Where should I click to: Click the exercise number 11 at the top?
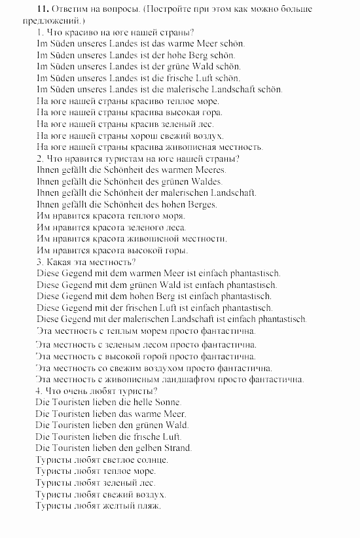[x=25, y=10]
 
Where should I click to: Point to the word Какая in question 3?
[x=60, y=262]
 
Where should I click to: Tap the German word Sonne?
[x=167, y=403]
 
